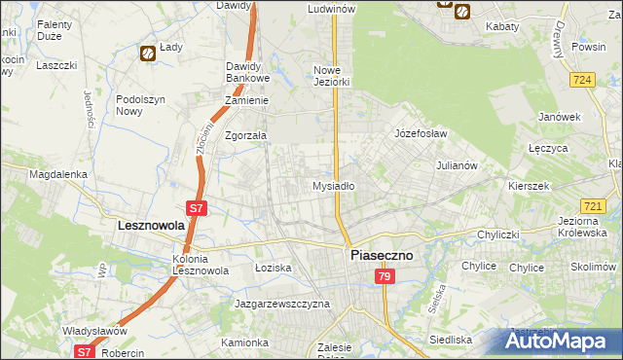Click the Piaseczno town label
pos(382,255)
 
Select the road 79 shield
pos(385,278)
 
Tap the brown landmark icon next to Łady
pos(148,54)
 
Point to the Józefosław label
pos(420,133)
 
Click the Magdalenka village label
pos(58,174)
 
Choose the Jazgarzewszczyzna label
pos(282,304)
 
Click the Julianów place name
pos(456,165)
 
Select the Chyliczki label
pos(501,234)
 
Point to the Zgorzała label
pos(246,136)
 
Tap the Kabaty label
pos(502,26)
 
